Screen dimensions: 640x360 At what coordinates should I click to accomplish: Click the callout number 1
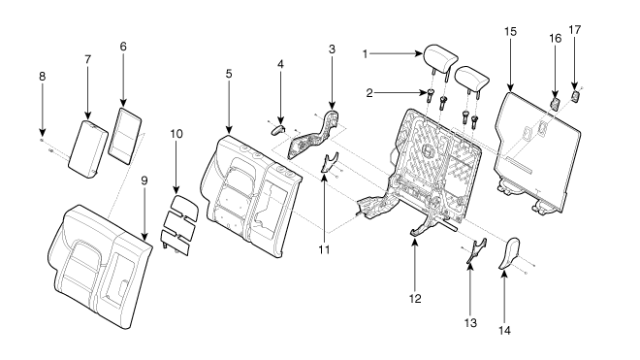[x=365, y=54]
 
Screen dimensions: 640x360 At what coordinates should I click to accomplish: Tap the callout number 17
[x=574, y=30]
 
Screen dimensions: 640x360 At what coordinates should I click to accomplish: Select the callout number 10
[x=176, y=134]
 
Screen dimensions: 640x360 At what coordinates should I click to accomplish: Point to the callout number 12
[x=415, y=299]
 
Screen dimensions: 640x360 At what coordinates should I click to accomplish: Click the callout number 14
[x=504, y=330]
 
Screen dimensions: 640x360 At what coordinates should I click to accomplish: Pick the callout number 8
[x=42, y=76]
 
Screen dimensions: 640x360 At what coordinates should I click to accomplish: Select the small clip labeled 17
[x=575, y=97]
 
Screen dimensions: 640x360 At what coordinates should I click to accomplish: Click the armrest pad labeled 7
[x=87, y=148]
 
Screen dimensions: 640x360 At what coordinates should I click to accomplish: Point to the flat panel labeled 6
[x=124, y=136]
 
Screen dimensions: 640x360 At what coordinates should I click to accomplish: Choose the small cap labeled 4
[x=277, y=130]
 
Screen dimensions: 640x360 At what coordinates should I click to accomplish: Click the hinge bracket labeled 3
[x=314, y=135]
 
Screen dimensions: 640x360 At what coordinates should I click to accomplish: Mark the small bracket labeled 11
[x=329, y=162]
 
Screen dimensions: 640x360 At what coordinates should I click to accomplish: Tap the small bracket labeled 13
[x=477, y=249]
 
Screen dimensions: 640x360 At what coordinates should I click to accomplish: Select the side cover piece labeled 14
[x=508, y=253]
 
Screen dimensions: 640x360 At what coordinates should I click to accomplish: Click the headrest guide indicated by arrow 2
[x=431, y=96]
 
